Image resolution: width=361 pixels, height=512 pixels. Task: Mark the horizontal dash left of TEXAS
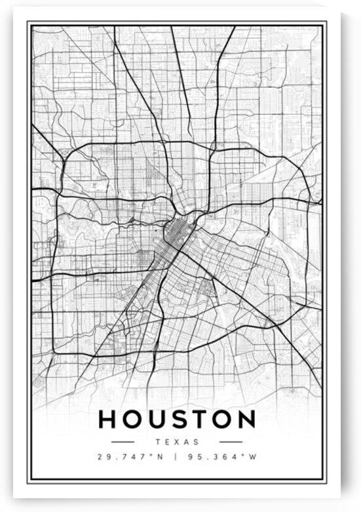pyautogui.click(x=123, y=442)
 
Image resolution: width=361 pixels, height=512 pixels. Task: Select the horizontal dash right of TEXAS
pyautogui.click(x=231, y=442)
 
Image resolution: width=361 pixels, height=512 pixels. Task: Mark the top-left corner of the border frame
pyautogui.click(x=28, y=22)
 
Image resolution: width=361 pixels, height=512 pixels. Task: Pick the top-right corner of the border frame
pyautogui.click(x=326, y=22)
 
